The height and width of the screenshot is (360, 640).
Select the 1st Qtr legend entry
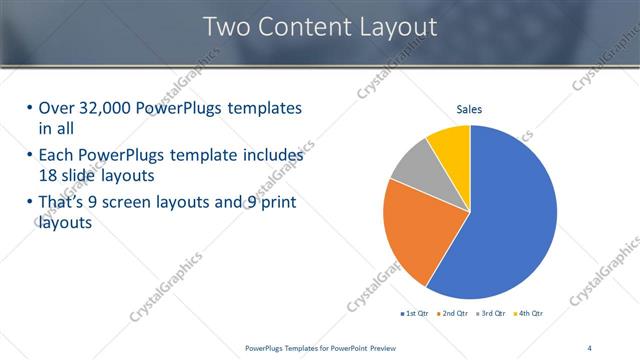pos(415,314)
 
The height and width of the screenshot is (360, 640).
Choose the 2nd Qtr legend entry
pos(455,314)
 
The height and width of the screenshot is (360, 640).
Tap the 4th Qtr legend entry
pos(530,314)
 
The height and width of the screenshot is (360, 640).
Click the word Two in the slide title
pos(226,27)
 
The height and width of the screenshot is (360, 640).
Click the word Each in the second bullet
pos(55,156)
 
